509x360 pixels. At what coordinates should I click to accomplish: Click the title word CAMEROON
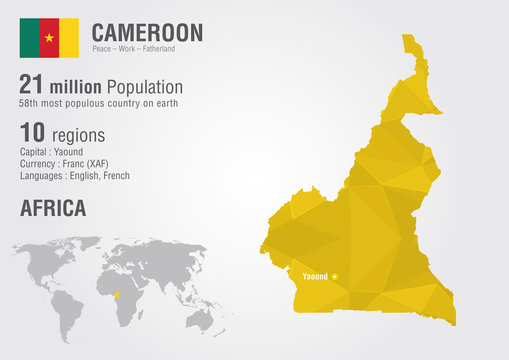[147, 31]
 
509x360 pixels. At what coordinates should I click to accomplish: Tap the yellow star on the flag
[49, 37]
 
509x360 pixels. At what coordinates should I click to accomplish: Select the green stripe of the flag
[29, 37]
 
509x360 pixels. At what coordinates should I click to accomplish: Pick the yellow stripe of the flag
[69, 37]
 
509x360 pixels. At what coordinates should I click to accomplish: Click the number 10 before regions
[31, 133]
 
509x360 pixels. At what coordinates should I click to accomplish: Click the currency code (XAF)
[97, 163]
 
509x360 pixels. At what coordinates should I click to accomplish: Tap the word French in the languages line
[116, 175]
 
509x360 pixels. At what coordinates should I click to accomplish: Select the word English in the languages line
[82, 175]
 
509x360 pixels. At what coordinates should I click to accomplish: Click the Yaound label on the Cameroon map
[313, 276]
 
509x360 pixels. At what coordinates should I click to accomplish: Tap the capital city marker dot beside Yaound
[335, 276]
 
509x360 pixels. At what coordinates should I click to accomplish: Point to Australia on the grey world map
[203, 317]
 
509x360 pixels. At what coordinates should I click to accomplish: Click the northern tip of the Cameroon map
[408, 39]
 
